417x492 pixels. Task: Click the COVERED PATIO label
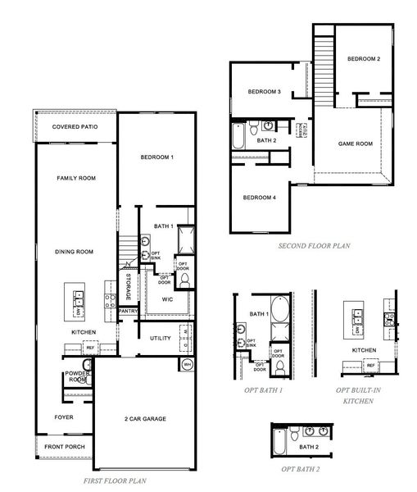75,127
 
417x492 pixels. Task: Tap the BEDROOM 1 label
157,157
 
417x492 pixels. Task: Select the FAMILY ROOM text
76,178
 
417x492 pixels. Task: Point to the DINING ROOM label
75,252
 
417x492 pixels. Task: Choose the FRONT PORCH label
65,446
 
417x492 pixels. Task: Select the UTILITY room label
160,338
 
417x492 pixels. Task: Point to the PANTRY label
127,312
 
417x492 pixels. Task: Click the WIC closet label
167,300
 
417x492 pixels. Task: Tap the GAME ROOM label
356,143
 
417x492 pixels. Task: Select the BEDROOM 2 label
363,59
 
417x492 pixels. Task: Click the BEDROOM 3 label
265,92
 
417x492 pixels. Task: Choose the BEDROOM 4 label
260,198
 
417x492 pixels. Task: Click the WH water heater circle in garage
186,364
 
